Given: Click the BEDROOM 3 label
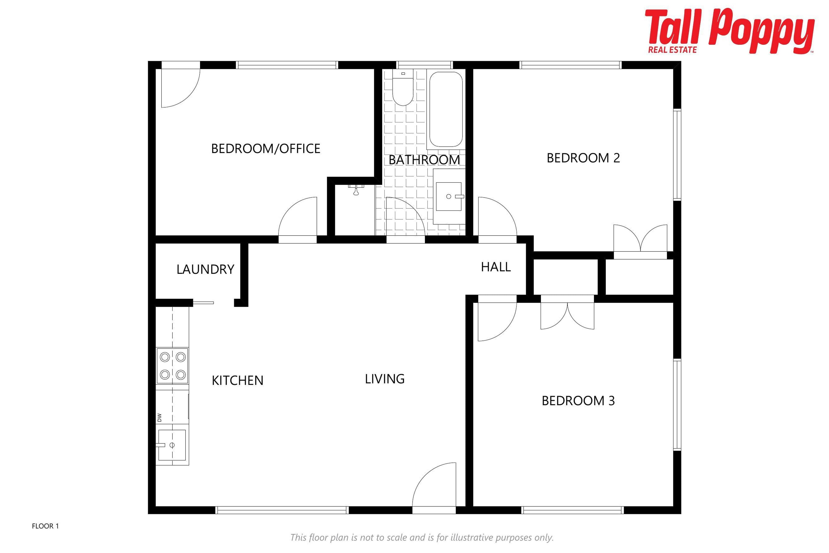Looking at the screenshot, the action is click(578, 401).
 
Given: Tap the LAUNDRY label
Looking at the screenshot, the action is click(206, 269).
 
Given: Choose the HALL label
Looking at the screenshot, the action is click(496, 267).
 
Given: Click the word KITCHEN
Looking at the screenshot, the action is click(237, 381).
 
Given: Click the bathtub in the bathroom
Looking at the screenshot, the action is click(446, 109).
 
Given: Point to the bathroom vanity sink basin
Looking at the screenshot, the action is click(449, 196).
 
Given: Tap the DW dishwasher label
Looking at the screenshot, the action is click(159, 418).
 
